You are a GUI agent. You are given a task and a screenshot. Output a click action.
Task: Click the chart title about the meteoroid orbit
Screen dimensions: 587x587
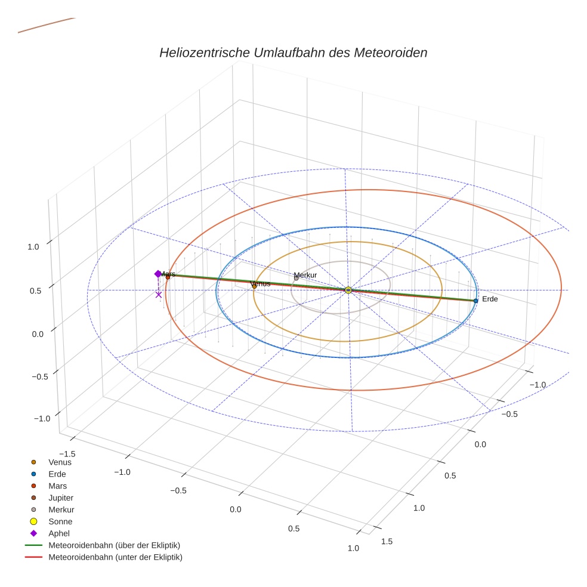(293, 52)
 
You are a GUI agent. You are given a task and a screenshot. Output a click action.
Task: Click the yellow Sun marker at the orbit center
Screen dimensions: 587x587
(348, 290)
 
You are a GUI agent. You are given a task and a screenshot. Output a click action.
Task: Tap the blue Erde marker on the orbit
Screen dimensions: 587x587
(475, 301)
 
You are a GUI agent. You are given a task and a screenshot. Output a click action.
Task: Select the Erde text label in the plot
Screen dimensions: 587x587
(490, 299)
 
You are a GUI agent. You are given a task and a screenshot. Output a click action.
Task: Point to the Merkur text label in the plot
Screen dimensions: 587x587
(305, 275)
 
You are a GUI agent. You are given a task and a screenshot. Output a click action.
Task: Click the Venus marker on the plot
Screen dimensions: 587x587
(254, 286)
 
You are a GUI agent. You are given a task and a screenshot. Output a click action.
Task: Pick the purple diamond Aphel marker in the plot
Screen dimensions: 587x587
(157, 274)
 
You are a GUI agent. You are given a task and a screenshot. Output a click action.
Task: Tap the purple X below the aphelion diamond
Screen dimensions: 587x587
(159, 294)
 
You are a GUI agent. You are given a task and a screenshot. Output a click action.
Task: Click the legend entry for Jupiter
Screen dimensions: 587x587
(61, 498)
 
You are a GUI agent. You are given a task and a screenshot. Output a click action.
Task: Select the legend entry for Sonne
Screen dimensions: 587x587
(60, 521)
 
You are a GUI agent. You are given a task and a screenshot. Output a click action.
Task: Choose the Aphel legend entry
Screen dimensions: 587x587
(59, 533)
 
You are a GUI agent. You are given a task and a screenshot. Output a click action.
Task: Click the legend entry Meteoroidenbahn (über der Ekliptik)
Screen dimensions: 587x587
(114, 545)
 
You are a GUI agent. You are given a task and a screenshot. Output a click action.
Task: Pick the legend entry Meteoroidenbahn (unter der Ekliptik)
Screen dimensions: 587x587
(115, 557)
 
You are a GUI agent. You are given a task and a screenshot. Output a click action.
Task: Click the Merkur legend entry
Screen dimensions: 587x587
(61, 509)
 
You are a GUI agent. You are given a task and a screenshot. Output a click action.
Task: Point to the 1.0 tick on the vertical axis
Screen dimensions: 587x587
(34, 246)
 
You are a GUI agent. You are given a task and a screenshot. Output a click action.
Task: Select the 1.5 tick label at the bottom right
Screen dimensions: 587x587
(387, 541)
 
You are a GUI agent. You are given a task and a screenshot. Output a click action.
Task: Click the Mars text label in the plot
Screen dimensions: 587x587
(168, 274)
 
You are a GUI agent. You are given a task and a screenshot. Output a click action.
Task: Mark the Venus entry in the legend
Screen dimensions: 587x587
(60, 462)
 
